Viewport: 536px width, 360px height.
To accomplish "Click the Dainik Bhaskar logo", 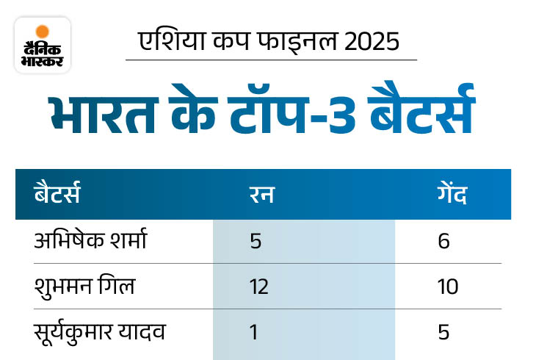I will pos(43,46).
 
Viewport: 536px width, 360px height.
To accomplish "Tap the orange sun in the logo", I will pos(43,32).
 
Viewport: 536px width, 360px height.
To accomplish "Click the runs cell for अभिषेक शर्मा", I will pos(255,241).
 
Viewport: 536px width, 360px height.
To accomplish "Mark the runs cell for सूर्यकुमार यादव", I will pos(254,331).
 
